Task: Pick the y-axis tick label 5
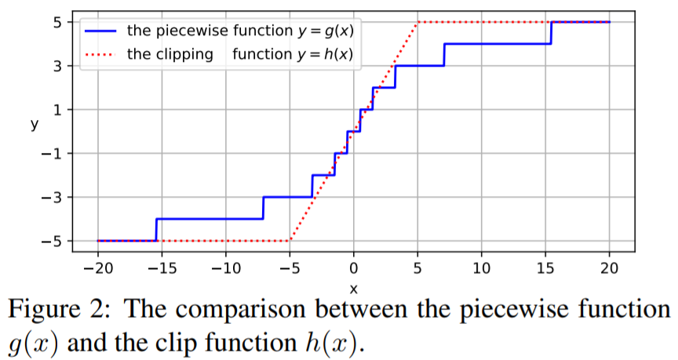point(56,22)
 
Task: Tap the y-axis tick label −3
point(52,197)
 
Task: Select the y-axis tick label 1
point(56,110)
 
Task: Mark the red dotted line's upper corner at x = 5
point(417,22)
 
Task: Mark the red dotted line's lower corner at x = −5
point(290,241)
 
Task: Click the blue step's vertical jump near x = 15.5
point(552,33)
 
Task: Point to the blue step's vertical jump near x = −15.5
point(156,230)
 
